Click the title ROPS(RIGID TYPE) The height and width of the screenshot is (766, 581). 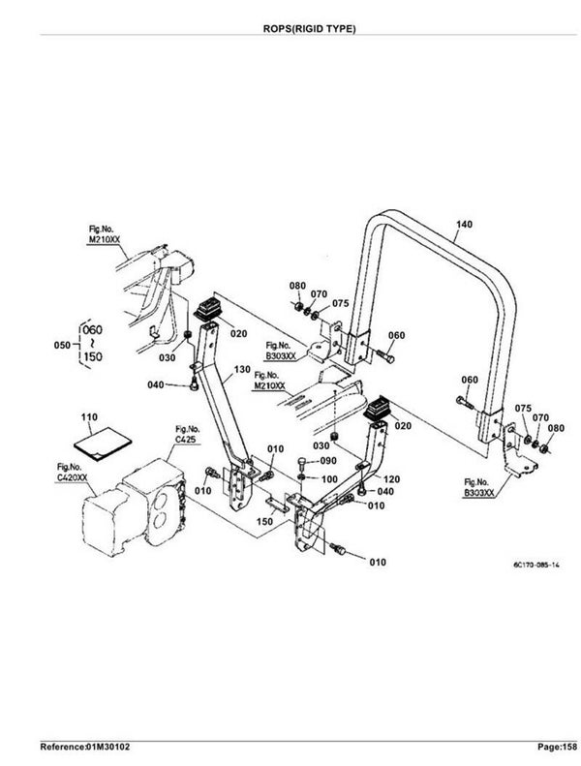click(x=309, y=29)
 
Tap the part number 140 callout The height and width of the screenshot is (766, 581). click(x=464, y=225)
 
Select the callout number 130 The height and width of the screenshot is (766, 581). click(x=242, y=370)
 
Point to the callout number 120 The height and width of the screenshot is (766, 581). click(x=392, y=479)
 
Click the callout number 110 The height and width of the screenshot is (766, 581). click(x=89, y=417)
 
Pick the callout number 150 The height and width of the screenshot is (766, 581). click(x=265, y=522)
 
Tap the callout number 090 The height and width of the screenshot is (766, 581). click(x=328, y=461)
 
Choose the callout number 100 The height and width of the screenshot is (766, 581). click(x=329, y=479)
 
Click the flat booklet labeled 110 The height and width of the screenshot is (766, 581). click(x=103, y=444)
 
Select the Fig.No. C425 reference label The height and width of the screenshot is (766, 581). click(x=188, y=434)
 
